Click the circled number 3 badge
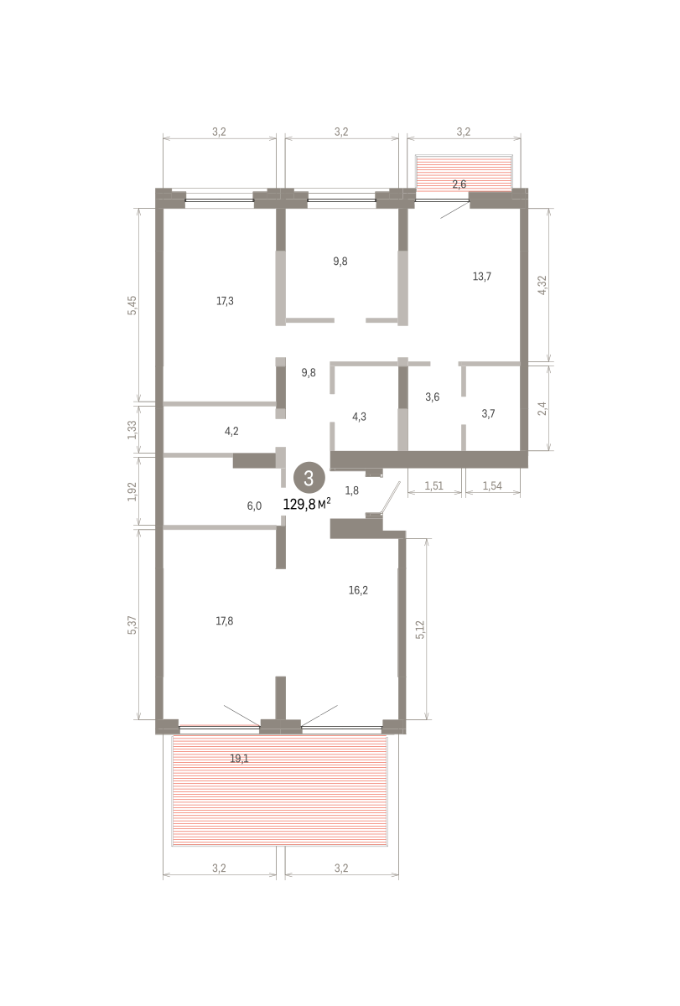(x=309, y=478)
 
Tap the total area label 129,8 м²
(x=307, y=504)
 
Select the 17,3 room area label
(x=225, y=301)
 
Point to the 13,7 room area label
(x=482, y=276)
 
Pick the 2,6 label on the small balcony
(x=459, y=184)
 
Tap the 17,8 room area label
(x=225, y=621)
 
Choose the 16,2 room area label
(x=358, y=590)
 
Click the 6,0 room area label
(x=254, y=506)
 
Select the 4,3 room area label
(x=360, y=417)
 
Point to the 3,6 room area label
(x=433, y=397)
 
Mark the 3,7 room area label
(x=489, y=413)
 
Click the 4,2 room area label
(x=231, y=432)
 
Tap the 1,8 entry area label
(x=352, y=490)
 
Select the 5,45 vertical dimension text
(x=132, y=305)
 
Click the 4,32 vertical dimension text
(x=542, y=285)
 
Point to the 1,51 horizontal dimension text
(x=433, y=485)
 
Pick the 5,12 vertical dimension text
(x=420, y=630)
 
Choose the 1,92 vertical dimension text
(x=132, y=492)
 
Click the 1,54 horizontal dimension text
(x=492, y=485)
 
